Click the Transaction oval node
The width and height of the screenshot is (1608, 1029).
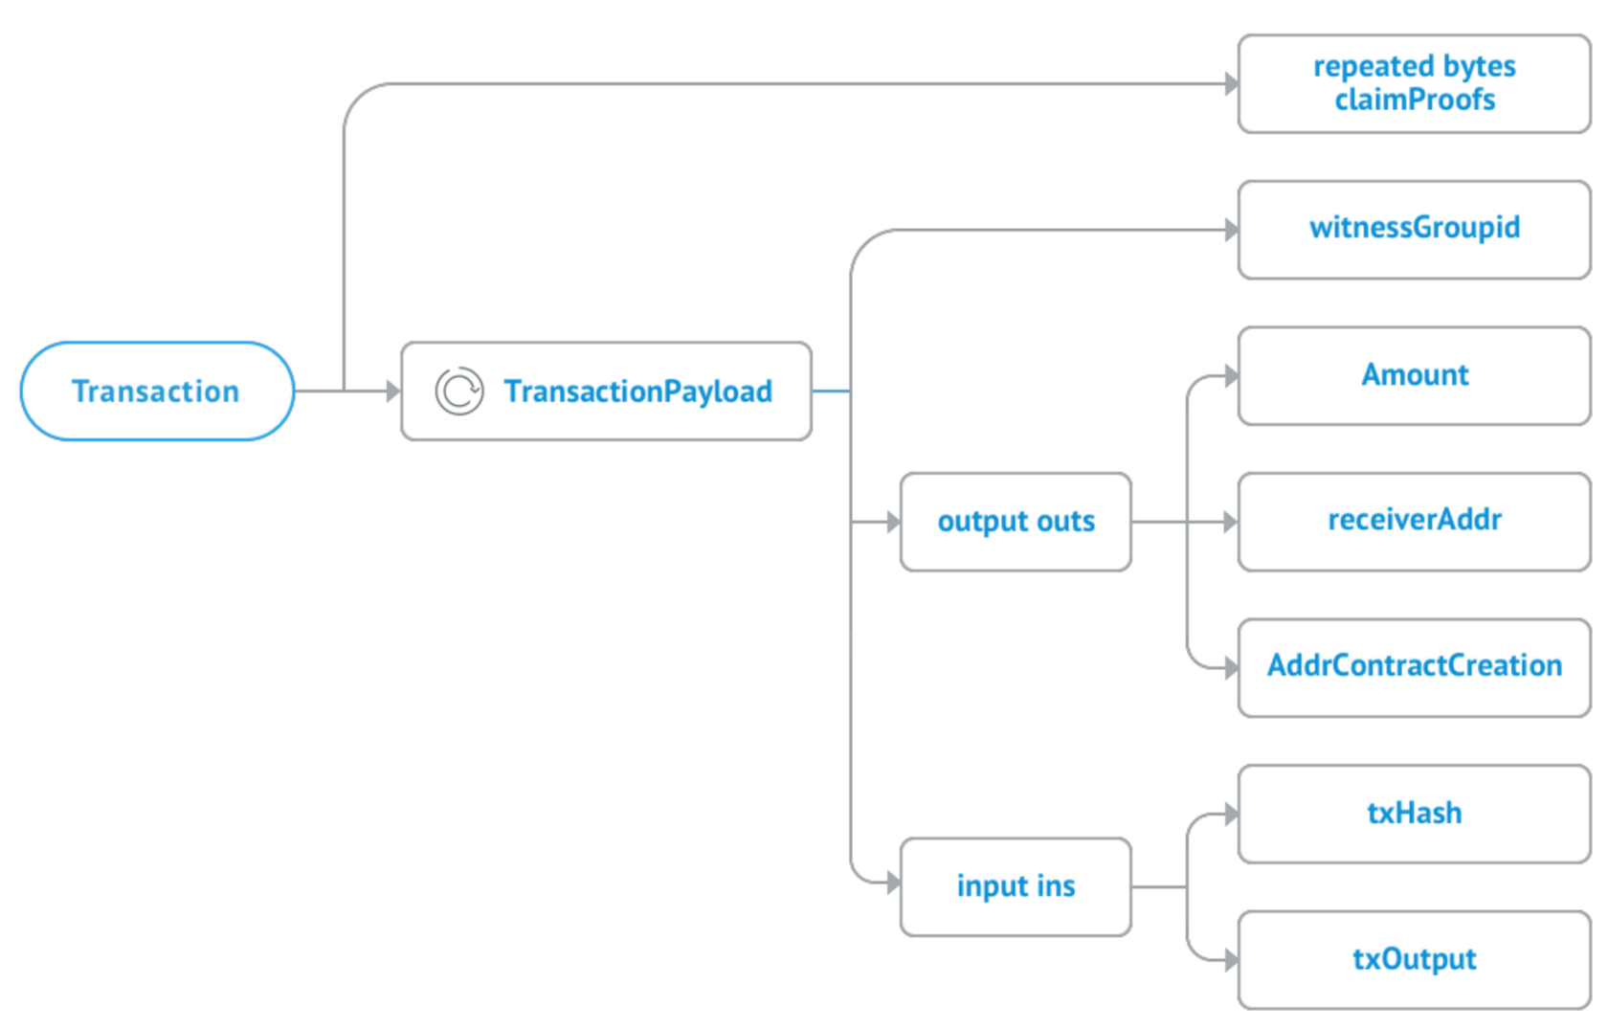coord(157,391)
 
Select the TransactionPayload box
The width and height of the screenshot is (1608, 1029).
coord(607,391)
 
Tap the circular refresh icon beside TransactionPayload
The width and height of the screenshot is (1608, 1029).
coord(459,391)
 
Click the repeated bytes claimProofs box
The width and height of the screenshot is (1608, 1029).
coord(1414,84)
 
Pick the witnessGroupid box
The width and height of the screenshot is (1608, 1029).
coord(1414,230)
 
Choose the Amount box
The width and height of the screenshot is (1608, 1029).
coord(1414,375)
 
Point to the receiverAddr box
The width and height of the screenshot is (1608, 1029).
coord(1414,522)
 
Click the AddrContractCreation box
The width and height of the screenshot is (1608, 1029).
coord(1414,667)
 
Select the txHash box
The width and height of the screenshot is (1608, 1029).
coord(1414,814)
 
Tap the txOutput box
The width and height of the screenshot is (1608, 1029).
coord(1414,960)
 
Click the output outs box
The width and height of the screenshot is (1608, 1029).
coord(1016,522)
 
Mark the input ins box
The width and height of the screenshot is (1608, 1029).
coord(1016,886)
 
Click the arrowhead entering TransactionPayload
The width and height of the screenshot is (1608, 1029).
coord(392,391)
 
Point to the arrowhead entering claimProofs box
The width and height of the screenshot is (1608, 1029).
coord(1231,84)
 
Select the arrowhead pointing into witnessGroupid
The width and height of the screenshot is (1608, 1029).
coord(1231,230)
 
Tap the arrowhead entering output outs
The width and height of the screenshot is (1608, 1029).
coord(893,522)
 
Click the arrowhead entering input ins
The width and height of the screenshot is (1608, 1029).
coord(893,883)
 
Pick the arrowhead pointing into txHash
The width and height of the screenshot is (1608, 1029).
coord(1231,815)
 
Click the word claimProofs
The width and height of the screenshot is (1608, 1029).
coord(1415,101)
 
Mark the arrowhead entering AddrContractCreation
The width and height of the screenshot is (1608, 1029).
coord(1231,668)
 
